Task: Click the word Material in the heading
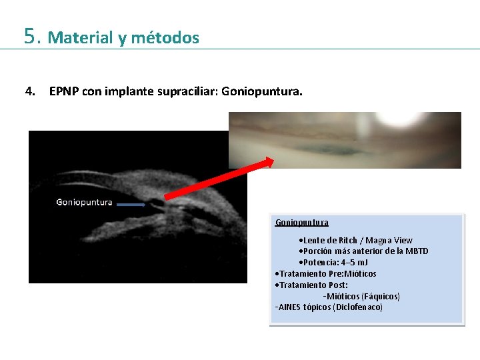click(x=80, y=38)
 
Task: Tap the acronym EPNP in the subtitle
click(x=64, y=91)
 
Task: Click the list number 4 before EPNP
click(x=30, y=91)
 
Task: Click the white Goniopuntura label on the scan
click(x=84, y=202)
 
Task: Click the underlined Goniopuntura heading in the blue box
click(x=301, y=223)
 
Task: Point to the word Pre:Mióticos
click(x=351, y=274)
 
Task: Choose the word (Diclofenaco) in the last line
click(x=358, y=307)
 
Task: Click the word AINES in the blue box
click(x=289, y=307)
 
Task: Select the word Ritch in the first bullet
click(x=347, y=240)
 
